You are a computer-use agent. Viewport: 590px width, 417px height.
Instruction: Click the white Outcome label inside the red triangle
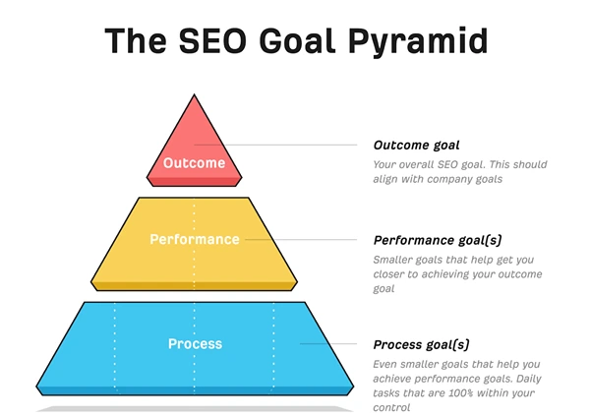point(194,163)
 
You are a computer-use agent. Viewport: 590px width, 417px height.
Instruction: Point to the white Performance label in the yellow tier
point(194,239)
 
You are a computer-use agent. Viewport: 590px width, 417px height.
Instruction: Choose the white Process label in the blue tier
point(195,344)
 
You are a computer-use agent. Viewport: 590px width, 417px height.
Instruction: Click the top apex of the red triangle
point(194,94)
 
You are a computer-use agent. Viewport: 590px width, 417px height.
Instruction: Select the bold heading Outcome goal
point(417,146)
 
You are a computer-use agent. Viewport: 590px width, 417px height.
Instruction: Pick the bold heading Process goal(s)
point(421,345)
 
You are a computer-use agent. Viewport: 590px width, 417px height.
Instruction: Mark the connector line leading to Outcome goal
point(295,146)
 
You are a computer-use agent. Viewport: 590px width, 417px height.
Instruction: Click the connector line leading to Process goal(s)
point(334,344)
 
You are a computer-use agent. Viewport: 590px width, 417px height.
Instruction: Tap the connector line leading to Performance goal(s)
point(305,239)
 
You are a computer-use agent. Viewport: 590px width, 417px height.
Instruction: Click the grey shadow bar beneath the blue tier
point(194,407)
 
